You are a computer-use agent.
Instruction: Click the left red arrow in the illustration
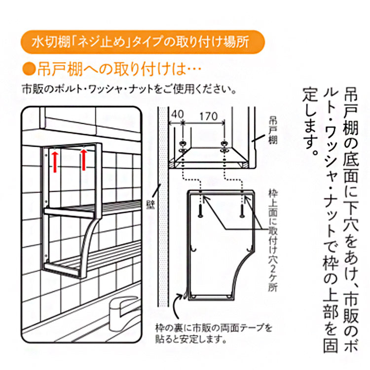55,162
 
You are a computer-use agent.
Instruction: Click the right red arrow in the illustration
83,159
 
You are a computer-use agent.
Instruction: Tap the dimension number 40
177,114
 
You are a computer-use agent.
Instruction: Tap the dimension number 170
208,116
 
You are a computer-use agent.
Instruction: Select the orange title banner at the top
143,42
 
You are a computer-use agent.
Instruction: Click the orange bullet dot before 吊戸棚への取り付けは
29,69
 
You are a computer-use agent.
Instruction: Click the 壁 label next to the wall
150,205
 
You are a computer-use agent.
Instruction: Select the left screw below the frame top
200,211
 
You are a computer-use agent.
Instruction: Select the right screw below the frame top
242,211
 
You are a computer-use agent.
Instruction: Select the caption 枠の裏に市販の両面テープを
214,328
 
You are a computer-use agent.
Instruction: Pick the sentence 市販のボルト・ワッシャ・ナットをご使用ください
129,89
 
